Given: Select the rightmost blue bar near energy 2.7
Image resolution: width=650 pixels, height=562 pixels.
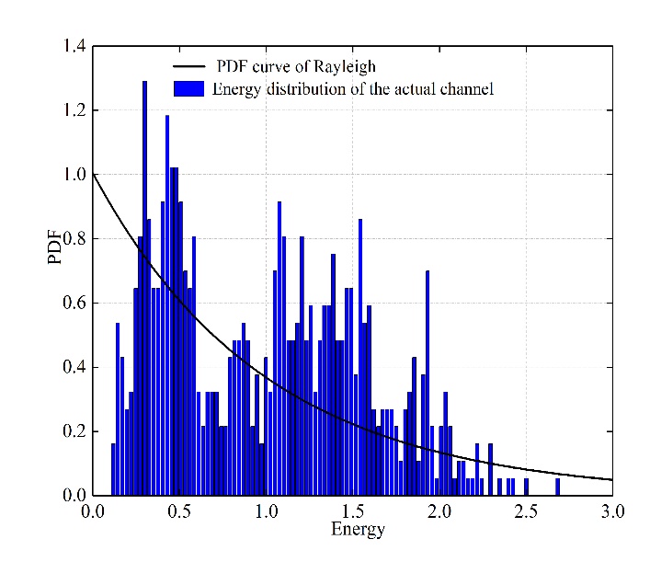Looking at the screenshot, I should coord(557,487).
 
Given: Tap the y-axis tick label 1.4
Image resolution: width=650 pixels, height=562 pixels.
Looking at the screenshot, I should coord(75,46).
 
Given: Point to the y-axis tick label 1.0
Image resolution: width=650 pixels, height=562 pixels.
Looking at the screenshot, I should coord(75,175).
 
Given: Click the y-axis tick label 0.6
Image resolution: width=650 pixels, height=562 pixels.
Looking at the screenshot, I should coord(75,304).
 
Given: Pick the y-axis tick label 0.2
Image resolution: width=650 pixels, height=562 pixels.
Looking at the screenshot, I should coord(75,432).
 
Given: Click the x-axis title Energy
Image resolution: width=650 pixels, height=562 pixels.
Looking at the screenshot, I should coord(358,530).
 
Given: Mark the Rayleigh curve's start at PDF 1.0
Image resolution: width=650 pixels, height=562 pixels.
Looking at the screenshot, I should coord(94,175).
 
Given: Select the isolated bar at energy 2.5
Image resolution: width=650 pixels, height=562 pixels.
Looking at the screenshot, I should coord(526,487).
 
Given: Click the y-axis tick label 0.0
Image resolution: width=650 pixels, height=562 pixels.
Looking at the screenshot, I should coord(75,496).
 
